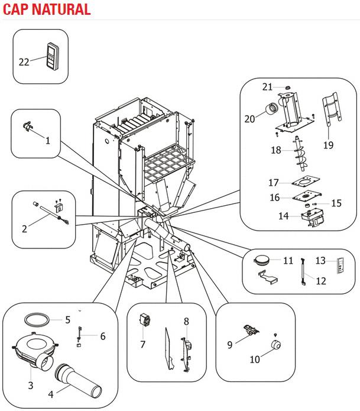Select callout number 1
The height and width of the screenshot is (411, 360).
[47, 141]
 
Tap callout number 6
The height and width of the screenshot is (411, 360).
[103, 336]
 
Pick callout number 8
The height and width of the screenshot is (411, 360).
[186, 322]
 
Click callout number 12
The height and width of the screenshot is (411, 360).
[320, 281]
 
